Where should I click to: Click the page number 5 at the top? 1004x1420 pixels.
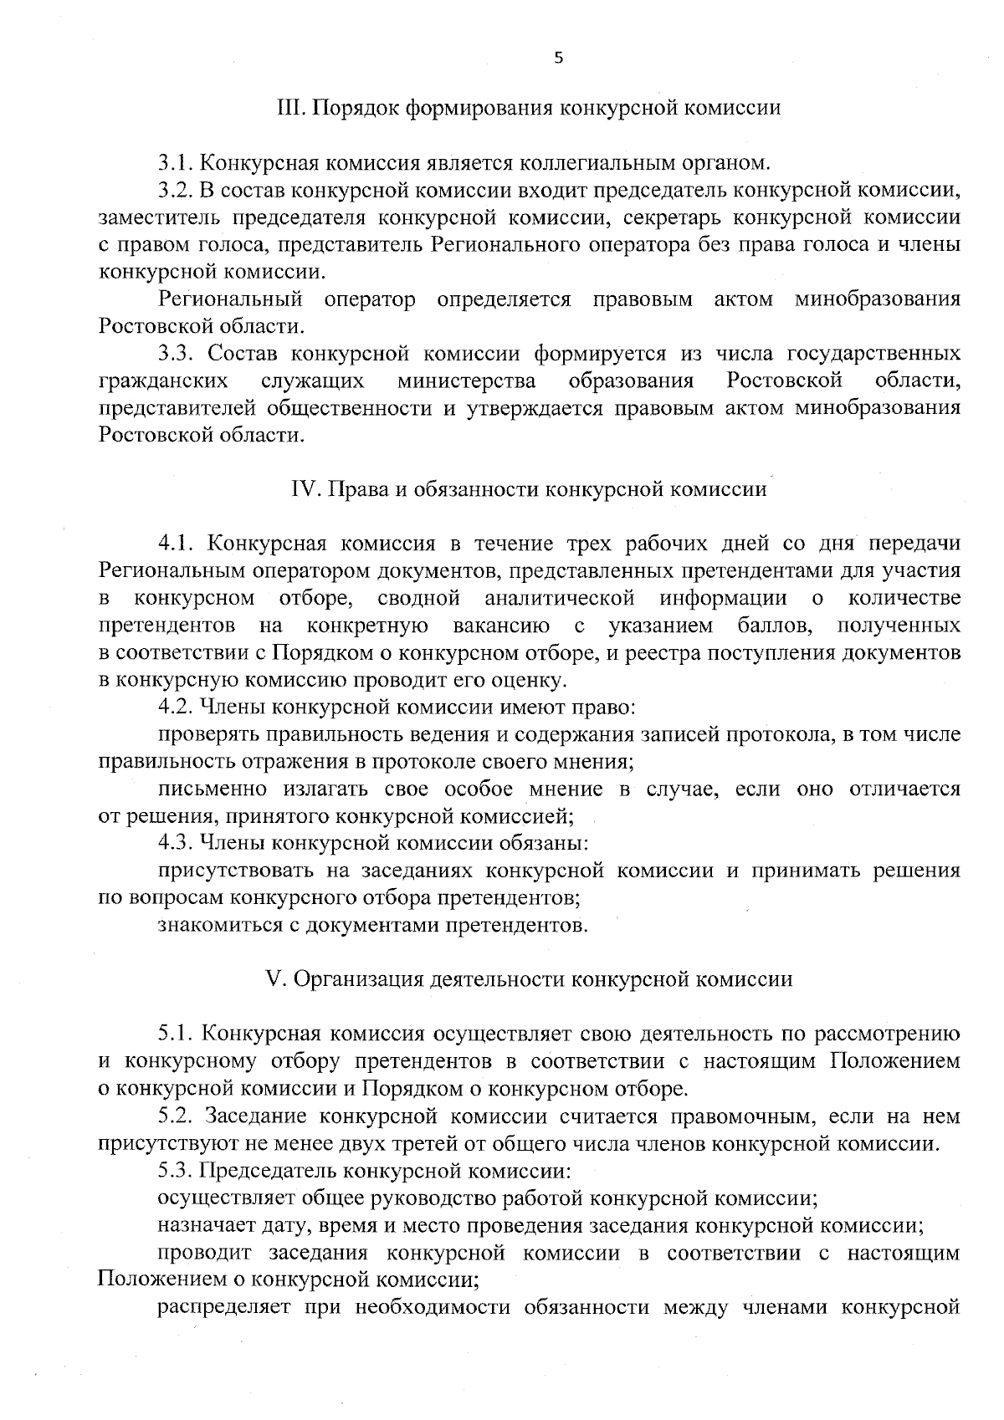559,58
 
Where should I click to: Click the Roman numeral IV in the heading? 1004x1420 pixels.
300,489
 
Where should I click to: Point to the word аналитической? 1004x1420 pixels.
557,599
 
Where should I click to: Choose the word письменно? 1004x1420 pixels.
213,789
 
